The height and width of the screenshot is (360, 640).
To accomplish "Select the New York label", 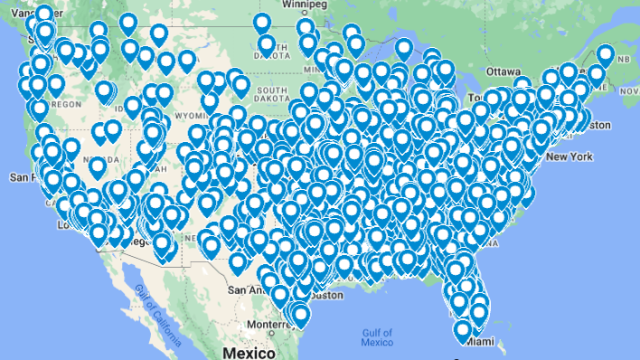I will (569, 156).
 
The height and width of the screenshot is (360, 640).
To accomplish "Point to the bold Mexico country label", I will (249, 352).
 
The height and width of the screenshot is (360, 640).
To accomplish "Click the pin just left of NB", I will (605, 53).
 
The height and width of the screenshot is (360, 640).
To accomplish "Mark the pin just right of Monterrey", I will (300, 315).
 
